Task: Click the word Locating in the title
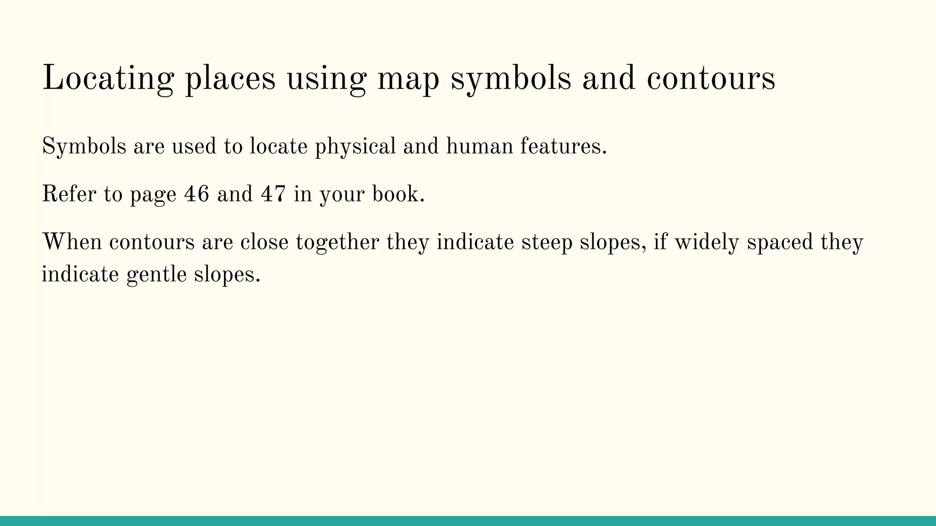108,79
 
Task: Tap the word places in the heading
230,79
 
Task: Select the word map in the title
408,79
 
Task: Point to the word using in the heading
326,79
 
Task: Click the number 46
197,194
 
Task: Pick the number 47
273,194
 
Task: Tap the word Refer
69,194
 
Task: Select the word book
398,194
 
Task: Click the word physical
356,147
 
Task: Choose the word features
563,147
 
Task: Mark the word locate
278,147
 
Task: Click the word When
72,242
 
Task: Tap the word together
337,242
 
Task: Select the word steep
547,242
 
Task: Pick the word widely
707,242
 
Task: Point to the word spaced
780,242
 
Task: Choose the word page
153,195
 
